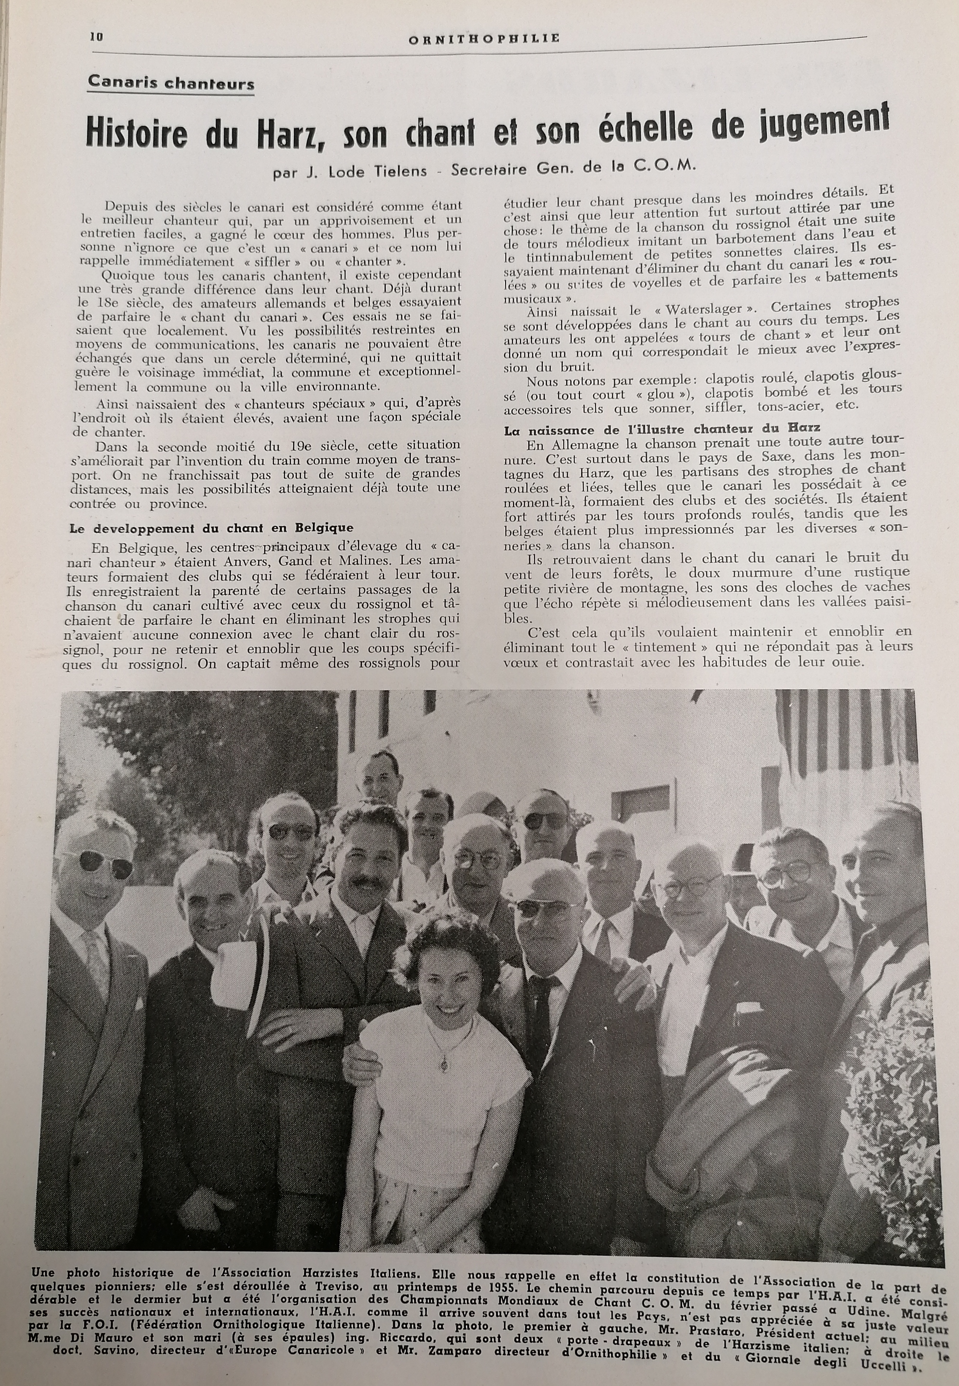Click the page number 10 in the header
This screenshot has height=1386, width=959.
click(x=96, y=37)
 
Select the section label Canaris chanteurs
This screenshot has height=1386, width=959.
click(x=171, y=84)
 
